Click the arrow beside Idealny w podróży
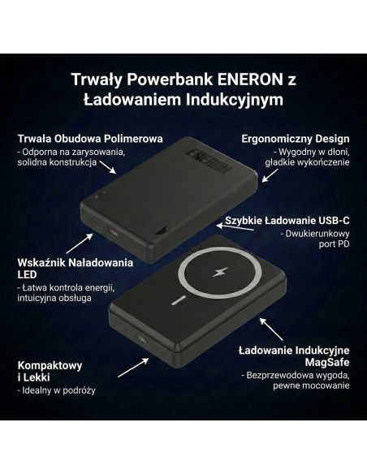point(130,370)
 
